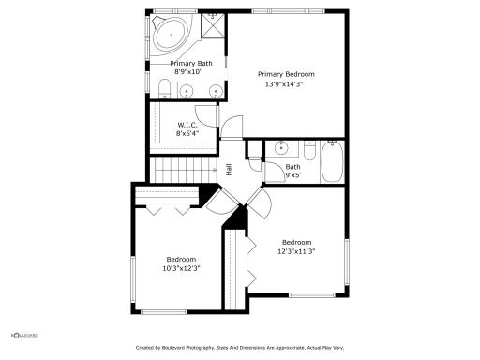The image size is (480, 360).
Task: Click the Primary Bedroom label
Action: click(x=286, y=74)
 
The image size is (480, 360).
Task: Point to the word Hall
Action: click(x=229, y=170)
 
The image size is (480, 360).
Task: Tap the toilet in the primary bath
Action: click(x=164, y=90)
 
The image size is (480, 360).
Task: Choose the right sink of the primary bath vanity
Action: click(x=217, y=92)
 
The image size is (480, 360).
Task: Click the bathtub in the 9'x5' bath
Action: click(x=332, y=162)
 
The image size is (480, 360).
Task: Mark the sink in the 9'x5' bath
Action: click(x=280, y=149)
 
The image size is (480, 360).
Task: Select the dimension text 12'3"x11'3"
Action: click(x=296, y=250)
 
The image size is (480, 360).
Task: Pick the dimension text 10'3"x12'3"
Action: click(x=182, y=268)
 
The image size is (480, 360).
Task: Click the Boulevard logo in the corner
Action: click(x=22, y=335)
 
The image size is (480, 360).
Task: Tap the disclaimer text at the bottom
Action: click(x=240, y=348)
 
